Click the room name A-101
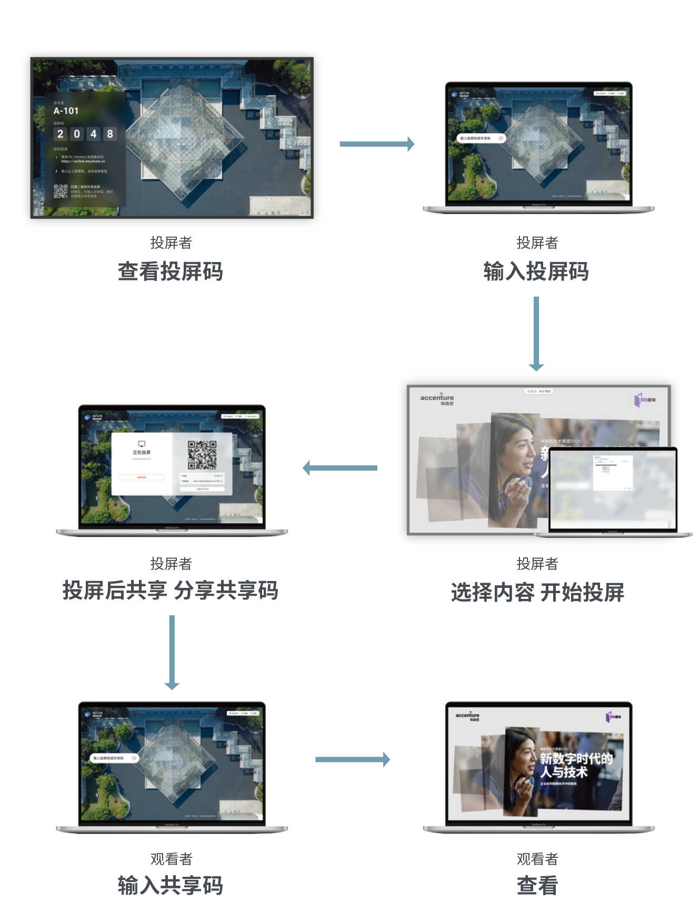(66, 111)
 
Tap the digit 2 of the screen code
(60, 134)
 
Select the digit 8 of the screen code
(110, 134)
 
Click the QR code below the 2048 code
(61, 191)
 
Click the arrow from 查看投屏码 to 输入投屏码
(377, 144)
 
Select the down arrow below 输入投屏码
(536, 333)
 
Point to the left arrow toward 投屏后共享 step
(340, 468)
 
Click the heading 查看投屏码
(170, 272)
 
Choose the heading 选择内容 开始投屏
(537, 593)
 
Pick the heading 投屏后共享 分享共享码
(170, 590)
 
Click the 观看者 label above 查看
(537, 859)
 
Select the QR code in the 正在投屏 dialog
(202, 455)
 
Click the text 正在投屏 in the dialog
(142, 453)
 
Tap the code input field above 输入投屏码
(480, 138)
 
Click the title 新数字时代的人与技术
(576, 765)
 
